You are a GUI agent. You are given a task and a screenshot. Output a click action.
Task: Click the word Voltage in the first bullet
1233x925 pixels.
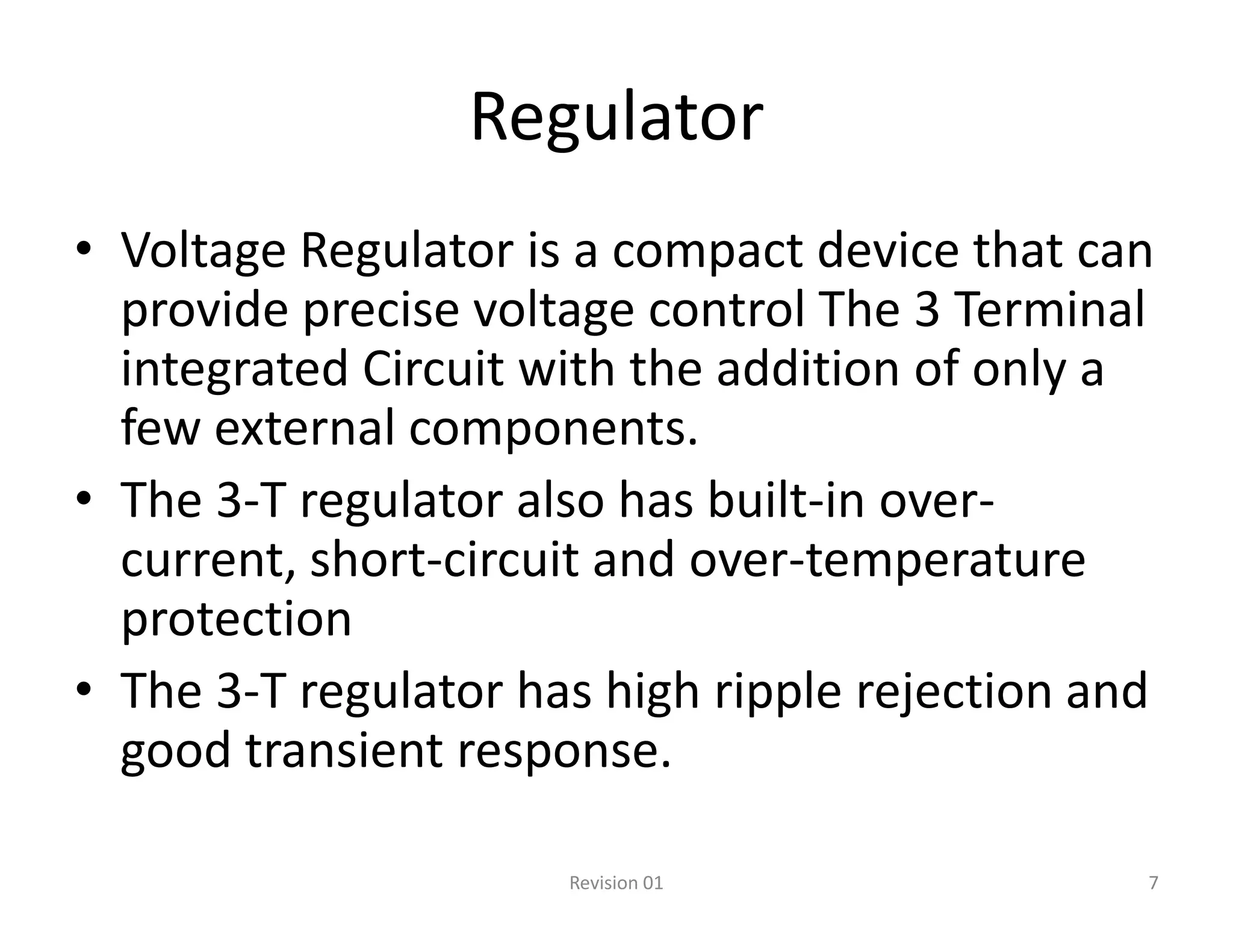(x=203, y=251)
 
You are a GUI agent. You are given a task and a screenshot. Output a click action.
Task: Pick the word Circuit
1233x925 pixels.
(x=433, y=369)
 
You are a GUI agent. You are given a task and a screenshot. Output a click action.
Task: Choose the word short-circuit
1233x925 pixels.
(x=444, y=559)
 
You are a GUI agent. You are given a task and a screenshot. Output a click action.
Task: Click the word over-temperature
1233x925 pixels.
(x=887, y=559)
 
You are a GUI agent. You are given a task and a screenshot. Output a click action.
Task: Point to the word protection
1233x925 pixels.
(x=236, y=619)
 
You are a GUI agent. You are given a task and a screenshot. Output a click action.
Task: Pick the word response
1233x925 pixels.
(x=564, y=750)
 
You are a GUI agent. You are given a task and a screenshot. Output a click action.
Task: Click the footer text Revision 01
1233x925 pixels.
(x=616, y=883)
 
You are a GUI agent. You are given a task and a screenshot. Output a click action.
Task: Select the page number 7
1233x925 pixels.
(x=1154, y=883)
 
